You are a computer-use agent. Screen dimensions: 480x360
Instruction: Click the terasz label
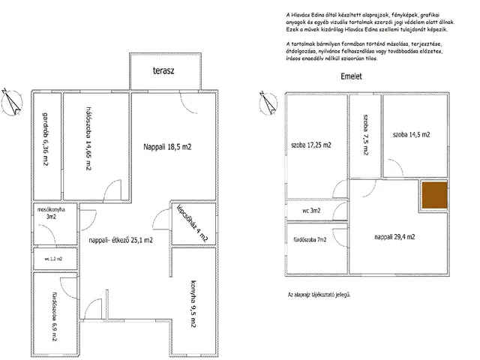(163, 70)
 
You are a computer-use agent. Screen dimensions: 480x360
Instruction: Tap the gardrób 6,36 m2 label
(45, 139)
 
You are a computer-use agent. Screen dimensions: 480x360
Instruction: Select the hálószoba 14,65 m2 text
(88, 138)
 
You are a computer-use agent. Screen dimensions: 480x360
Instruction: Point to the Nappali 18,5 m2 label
(167, 147)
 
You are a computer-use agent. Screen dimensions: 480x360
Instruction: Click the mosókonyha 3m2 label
(51, 213)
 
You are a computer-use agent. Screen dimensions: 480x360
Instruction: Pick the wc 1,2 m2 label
(53, 259)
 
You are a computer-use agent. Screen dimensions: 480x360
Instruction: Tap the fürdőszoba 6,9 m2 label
(54, 316)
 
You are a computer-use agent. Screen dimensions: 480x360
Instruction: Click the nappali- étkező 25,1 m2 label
(121, 240)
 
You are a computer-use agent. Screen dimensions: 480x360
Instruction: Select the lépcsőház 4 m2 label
(193, 223)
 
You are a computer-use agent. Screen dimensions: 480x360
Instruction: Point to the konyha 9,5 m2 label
(193, 304)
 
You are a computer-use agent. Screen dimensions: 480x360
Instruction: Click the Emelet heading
(351, 76)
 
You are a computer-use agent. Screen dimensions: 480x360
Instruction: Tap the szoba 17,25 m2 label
(311, 145)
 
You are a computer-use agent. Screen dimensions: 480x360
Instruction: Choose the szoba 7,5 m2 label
(366, 135)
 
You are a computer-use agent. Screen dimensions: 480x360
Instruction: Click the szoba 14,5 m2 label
(411, 134)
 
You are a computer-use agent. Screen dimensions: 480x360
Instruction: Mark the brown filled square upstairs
(435, 196)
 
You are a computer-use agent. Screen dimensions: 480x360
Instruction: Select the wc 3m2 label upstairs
(311, 211)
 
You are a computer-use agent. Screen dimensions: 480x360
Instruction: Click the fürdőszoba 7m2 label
(310, 239)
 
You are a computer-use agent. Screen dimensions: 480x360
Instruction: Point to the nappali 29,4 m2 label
(394, 237)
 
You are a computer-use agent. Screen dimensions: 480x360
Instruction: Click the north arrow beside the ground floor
(11, 102)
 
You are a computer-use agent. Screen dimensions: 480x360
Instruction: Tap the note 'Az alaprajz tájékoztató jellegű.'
(319, 295)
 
